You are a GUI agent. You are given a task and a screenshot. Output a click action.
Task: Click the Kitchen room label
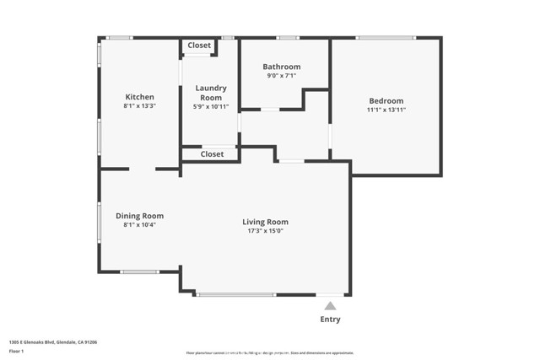click(139, 97)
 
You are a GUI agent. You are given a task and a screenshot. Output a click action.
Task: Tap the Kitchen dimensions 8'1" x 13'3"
click(139, 107)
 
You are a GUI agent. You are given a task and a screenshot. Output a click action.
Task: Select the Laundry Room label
click(210, 93)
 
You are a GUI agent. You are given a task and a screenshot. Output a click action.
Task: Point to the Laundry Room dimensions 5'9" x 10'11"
click(210, 107)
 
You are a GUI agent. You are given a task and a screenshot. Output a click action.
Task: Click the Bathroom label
click(281, 67)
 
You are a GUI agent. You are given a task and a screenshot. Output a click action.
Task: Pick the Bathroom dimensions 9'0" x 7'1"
click(281, 76)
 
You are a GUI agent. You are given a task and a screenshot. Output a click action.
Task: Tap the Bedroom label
click(385, 100)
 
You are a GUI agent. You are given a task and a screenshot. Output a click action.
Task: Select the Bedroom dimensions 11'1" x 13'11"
click(386, 110)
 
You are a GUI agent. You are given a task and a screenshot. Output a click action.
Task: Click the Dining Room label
click(139, 216)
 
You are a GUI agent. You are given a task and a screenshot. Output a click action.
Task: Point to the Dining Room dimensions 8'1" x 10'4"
click(139, 225)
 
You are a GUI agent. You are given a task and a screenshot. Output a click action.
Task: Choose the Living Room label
click(265, 222)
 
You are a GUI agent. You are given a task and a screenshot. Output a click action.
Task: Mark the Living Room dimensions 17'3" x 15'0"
click(265, 231)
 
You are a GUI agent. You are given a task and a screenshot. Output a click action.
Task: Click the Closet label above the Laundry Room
click(199, 46)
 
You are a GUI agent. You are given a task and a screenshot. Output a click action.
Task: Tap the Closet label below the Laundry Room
click(212, 154)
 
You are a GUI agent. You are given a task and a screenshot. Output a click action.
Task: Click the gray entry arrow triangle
click(331, 306)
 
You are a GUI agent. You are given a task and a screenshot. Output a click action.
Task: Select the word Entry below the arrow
click(331, 320)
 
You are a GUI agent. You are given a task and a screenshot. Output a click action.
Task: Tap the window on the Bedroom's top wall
click(385, 37)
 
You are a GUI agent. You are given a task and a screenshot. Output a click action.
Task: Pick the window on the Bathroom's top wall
click(288, 37)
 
